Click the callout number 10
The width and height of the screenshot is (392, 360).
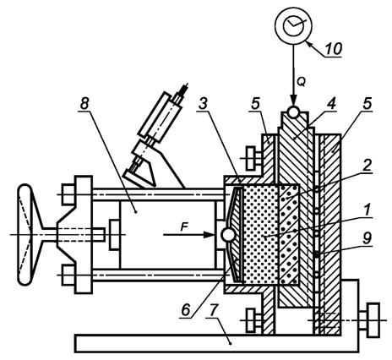[333, 48]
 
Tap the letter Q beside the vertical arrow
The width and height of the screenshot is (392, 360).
[301, 82]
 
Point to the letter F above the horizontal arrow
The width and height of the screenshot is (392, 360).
[184, 227]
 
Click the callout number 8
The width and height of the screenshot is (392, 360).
[84, 104]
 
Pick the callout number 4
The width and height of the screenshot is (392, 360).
[331, 103]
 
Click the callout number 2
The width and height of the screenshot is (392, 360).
[367, 166]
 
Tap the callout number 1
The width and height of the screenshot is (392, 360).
[367, 210]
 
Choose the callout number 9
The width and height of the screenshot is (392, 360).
[367, 238]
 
